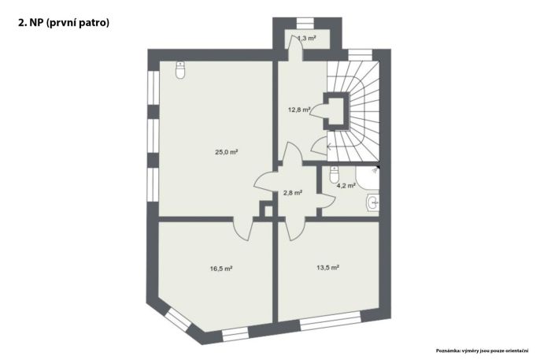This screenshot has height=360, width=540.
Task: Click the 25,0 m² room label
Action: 227,152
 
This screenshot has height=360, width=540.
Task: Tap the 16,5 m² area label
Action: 220,269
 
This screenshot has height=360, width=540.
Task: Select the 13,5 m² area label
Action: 327,267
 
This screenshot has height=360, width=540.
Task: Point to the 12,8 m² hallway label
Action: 299,110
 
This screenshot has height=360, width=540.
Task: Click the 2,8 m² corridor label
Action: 293,193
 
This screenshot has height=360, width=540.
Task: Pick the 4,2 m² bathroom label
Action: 346,186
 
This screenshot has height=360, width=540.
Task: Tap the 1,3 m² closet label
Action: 306,39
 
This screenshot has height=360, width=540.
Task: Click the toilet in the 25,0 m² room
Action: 180,70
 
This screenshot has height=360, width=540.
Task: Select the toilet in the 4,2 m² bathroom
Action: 335,175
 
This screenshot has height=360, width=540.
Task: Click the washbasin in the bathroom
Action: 373,202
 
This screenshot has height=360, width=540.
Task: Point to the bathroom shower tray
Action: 368,177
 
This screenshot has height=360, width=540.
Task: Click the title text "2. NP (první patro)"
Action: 64,23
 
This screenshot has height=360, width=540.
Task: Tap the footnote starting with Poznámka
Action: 482,351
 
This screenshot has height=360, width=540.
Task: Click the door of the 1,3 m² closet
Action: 295,48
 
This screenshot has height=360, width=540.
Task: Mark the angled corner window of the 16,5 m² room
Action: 178,320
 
